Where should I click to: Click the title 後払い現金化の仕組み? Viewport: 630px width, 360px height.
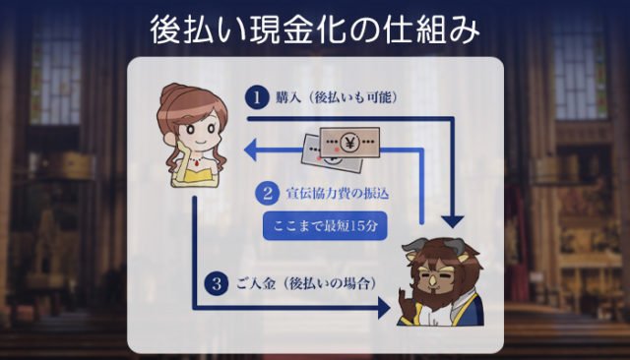pos(315,30)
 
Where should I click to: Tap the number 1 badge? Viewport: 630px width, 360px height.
pos(257,97)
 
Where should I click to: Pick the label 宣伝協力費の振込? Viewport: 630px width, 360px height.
pos(337,193)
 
